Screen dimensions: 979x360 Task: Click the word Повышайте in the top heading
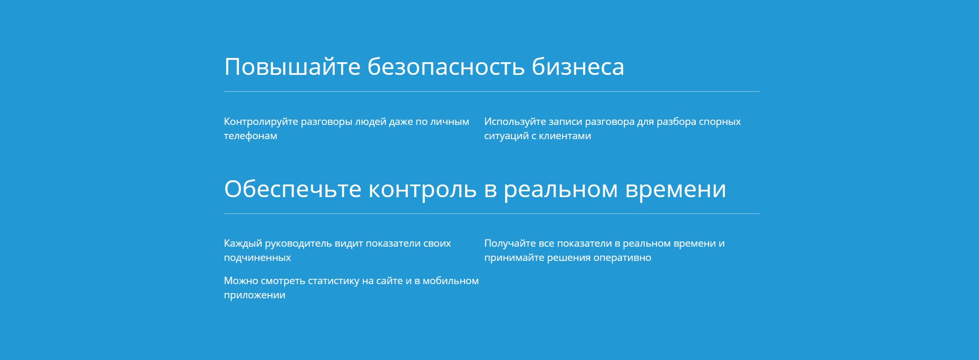(x=293, y=67)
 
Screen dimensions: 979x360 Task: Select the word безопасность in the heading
(x=446, y=66)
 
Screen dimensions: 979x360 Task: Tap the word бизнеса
(x=578, y=66)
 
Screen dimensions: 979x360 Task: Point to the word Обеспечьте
(x=293, y=189)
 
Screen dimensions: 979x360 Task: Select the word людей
(x=370, y=122)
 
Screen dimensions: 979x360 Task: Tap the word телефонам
(x=250, y=136)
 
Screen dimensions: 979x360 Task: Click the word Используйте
(x=515, y=122)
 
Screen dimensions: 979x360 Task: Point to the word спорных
(x=720, y=122)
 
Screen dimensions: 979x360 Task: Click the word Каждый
(x=243, y=244)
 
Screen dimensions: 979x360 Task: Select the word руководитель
(x=298, y=244)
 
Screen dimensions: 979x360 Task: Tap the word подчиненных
(x=257, y=258)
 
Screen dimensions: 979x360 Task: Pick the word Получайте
(x=510, y=244)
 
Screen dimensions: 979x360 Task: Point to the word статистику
(x=333, y=281)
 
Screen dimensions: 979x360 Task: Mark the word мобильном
(x=451, y=281)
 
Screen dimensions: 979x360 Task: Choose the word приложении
(x=255, y=295)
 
